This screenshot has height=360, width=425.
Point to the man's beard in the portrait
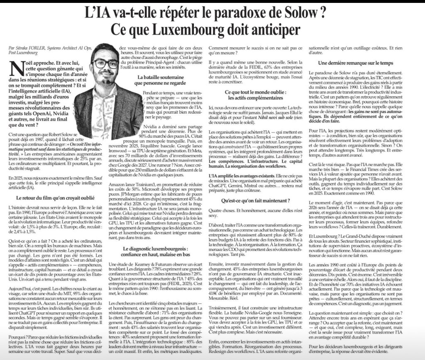pyautogui.click(x=107, y=77)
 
